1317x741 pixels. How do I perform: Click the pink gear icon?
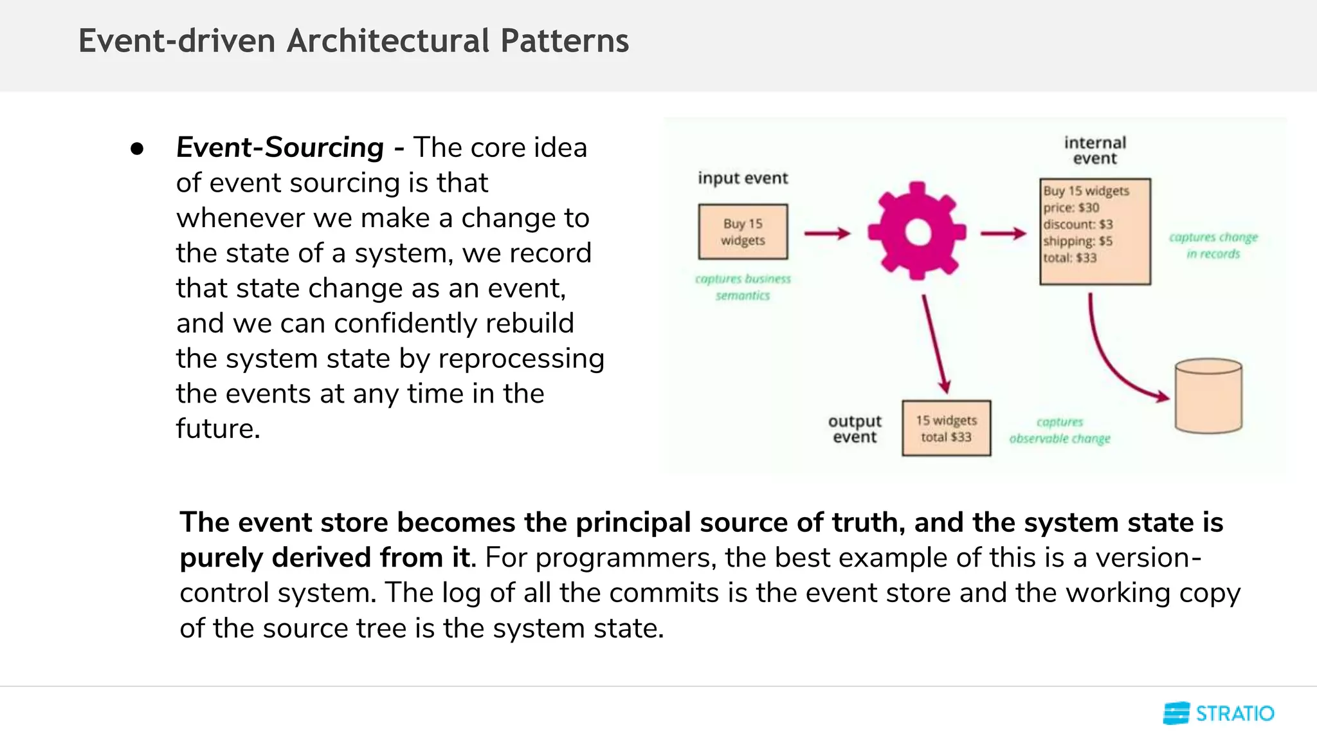coord(916,232)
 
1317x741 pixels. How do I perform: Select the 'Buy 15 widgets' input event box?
coord(743,232)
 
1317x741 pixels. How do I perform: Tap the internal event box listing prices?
coord(1095,232)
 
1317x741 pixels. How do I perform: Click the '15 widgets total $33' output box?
coord(946,428)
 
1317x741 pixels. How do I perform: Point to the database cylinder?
coord(1208,396)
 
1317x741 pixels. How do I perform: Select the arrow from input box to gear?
coord(827,233)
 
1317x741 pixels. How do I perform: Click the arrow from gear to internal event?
coord(1003,233)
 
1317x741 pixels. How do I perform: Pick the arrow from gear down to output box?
coord(934,344)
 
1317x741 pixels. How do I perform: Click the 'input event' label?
coord(743,178)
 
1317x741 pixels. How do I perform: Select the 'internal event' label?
coord(1095,151)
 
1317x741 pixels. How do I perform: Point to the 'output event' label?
coord(855,429)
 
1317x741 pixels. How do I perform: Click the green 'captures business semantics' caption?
coord(743,287)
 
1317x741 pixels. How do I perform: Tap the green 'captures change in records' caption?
coord(1213,245)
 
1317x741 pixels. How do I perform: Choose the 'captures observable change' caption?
coord(1059,430)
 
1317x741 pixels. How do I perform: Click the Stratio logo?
coord(1219,713)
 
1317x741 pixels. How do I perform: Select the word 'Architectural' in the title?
coord(388,41)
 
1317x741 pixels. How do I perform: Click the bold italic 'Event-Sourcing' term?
coord(280,147)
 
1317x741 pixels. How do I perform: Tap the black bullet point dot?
coord(136,149)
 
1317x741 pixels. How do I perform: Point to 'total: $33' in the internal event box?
coord(1070,258)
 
